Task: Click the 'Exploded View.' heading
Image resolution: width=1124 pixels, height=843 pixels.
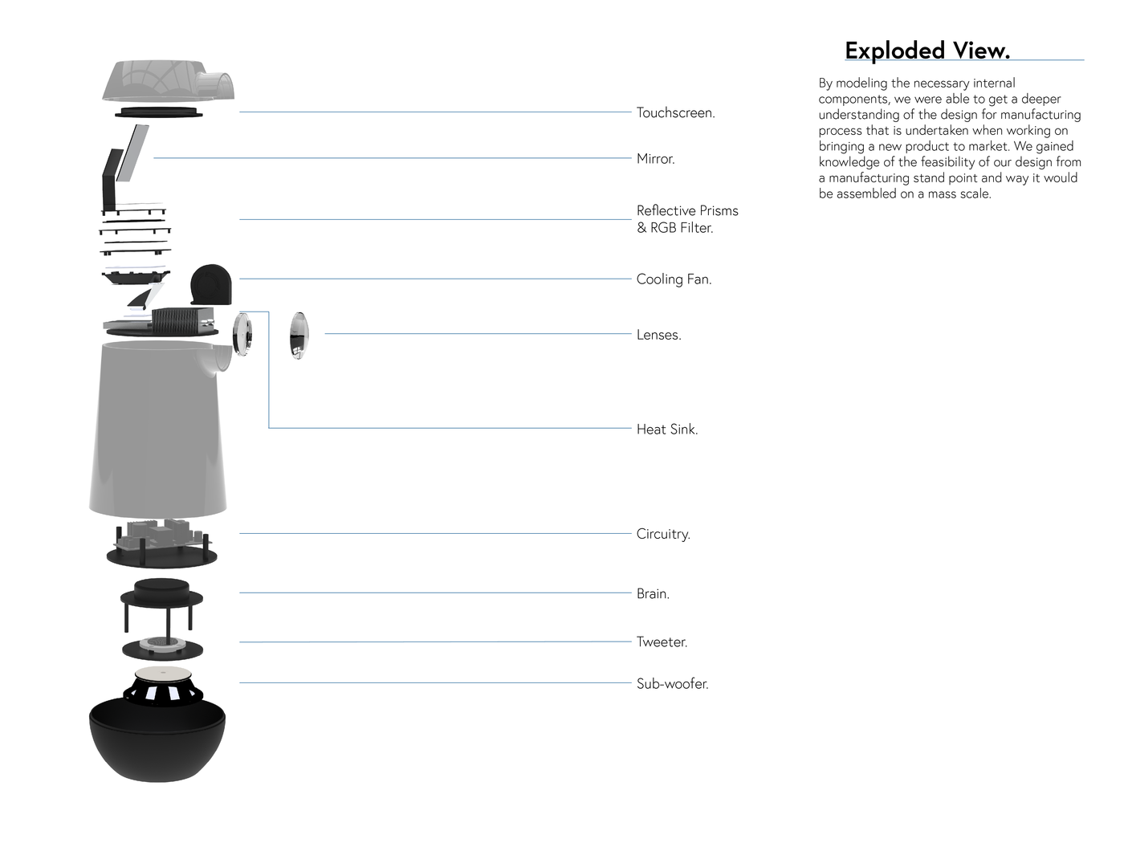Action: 926,51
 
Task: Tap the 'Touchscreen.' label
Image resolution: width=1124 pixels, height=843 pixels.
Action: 675,112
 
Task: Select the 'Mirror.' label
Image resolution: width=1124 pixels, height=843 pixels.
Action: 655,159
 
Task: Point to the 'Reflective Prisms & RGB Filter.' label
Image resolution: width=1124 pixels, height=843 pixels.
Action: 686,219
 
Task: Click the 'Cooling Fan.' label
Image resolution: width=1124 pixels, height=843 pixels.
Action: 674,279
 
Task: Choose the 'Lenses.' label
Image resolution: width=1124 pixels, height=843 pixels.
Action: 658,335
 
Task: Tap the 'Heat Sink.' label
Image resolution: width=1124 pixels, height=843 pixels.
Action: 666,430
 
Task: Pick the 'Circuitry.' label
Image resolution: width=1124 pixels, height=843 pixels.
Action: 662,534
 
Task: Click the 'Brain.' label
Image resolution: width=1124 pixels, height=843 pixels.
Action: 652,594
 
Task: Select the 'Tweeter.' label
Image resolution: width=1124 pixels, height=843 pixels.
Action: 662,642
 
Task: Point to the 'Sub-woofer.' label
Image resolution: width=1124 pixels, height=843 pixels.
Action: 672,684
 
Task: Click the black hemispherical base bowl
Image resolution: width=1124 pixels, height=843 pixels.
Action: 157,747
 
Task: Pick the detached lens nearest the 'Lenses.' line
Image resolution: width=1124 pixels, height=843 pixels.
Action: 299,335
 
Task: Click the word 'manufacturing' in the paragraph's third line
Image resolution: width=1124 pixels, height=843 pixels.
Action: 1041,115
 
